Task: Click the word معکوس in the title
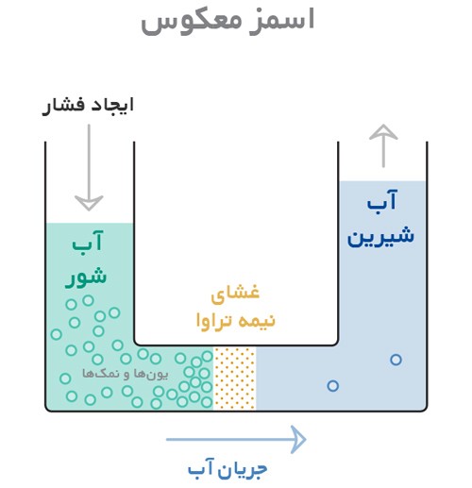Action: pos(191,22)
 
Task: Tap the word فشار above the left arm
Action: pos(64,106)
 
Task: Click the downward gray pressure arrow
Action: pos(89,168)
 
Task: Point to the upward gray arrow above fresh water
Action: pos(383,145)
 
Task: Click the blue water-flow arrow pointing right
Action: pos(236,440)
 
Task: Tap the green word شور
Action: pos(86,278)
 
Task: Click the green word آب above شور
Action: pos(88,242)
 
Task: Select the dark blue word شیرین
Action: pos(380,236)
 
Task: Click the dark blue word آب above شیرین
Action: pos(382,201)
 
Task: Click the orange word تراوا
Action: pos(213,321)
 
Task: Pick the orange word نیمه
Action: pos(256,321)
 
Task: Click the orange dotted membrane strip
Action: pos(235,379)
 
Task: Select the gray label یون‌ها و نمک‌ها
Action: pos(126,374)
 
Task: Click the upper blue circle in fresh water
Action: pos(396,360)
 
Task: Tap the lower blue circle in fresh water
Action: pos(332,385)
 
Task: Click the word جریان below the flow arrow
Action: pos(244,469)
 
